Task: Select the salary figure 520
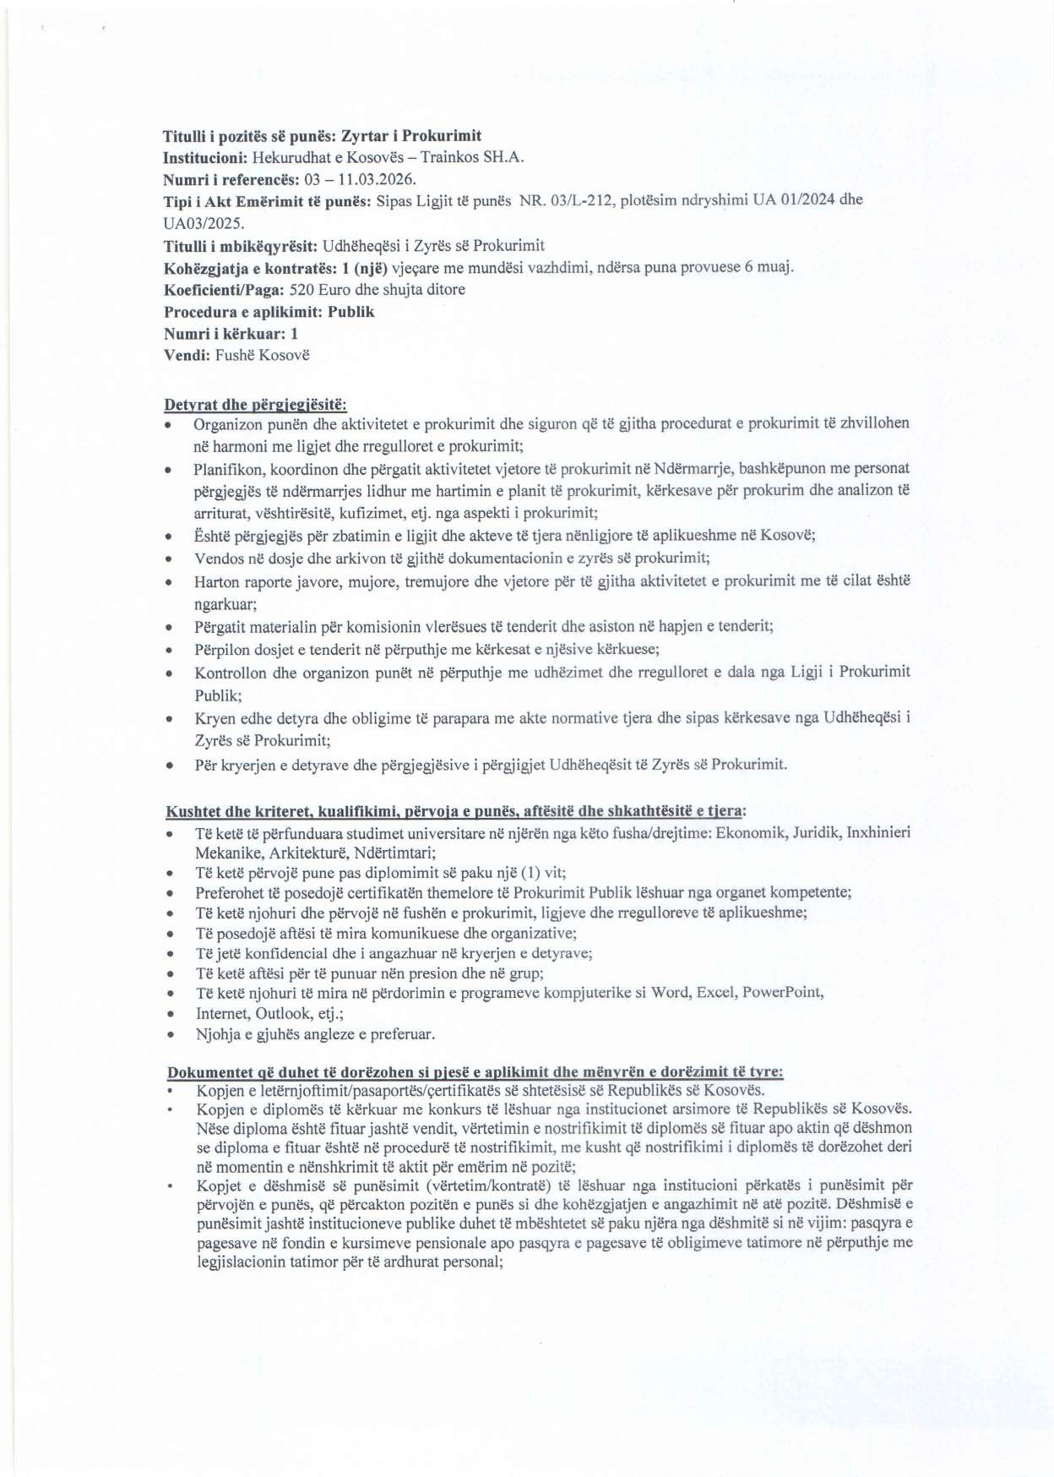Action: tap(302, 290)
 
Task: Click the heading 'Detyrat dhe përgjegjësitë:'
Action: tap(255, 405)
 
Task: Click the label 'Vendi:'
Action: tap(187, 355)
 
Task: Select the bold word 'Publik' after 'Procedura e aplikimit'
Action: tap(351, 312)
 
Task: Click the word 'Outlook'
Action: tap(284, 1013)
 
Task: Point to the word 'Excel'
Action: tap(714, 992)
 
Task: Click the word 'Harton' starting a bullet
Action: tap(216, 581)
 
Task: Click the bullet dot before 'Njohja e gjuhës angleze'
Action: tap(171, 1035)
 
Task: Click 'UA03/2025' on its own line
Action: tap(203, 224)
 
